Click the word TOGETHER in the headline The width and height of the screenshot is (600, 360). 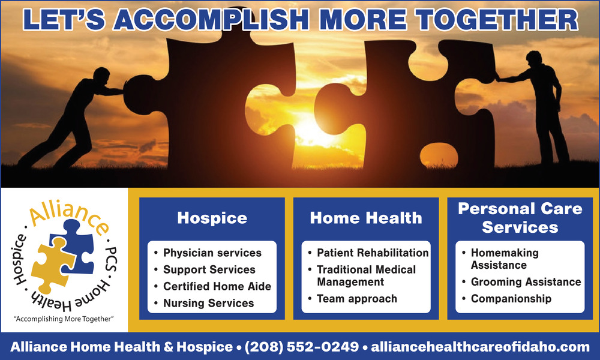tap(497, 20)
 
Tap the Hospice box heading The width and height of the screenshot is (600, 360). tap(212, 218)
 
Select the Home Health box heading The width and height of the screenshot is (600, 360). tap(366, 218)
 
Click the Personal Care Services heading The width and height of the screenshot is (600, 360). tap(520, 218)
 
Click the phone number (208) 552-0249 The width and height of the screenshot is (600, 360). tap(302, 347)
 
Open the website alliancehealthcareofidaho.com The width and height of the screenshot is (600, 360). tap(480, 347)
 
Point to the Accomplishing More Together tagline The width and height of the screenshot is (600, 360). tap(64, 319)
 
